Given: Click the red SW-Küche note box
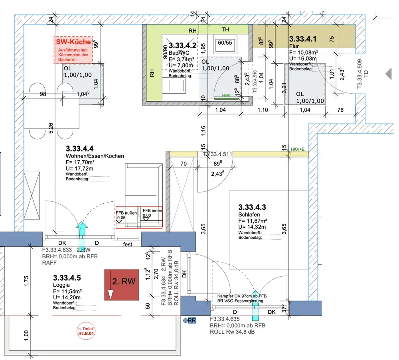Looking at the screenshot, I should [x=73, y=50].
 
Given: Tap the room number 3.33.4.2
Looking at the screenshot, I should [x=183, y=46].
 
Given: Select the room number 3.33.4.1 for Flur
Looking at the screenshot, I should [x=303, y=39].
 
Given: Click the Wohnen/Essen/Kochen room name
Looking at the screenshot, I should [x=95, y=156].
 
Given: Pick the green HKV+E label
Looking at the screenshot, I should [x=298, y=150].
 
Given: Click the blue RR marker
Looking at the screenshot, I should [x=190, y=320].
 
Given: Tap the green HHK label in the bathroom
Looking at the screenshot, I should [x=227, y=96].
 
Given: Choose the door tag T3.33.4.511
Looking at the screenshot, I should [x=218, y=154].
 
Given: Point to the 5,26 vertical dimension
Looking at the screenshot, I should [x=51, y=128].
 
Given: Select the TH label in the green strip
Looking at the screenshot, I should [x=225, y=30].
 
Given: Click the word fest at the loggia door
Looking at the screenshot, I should [x=127, y=244].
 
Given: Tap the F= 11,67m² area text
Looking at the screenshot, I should [x=253, y=221].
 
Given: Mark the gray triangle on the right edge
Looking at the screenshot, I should [x=388, y=73].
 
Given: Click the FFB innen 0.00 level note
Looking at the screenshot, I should [x=152, y=212].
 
